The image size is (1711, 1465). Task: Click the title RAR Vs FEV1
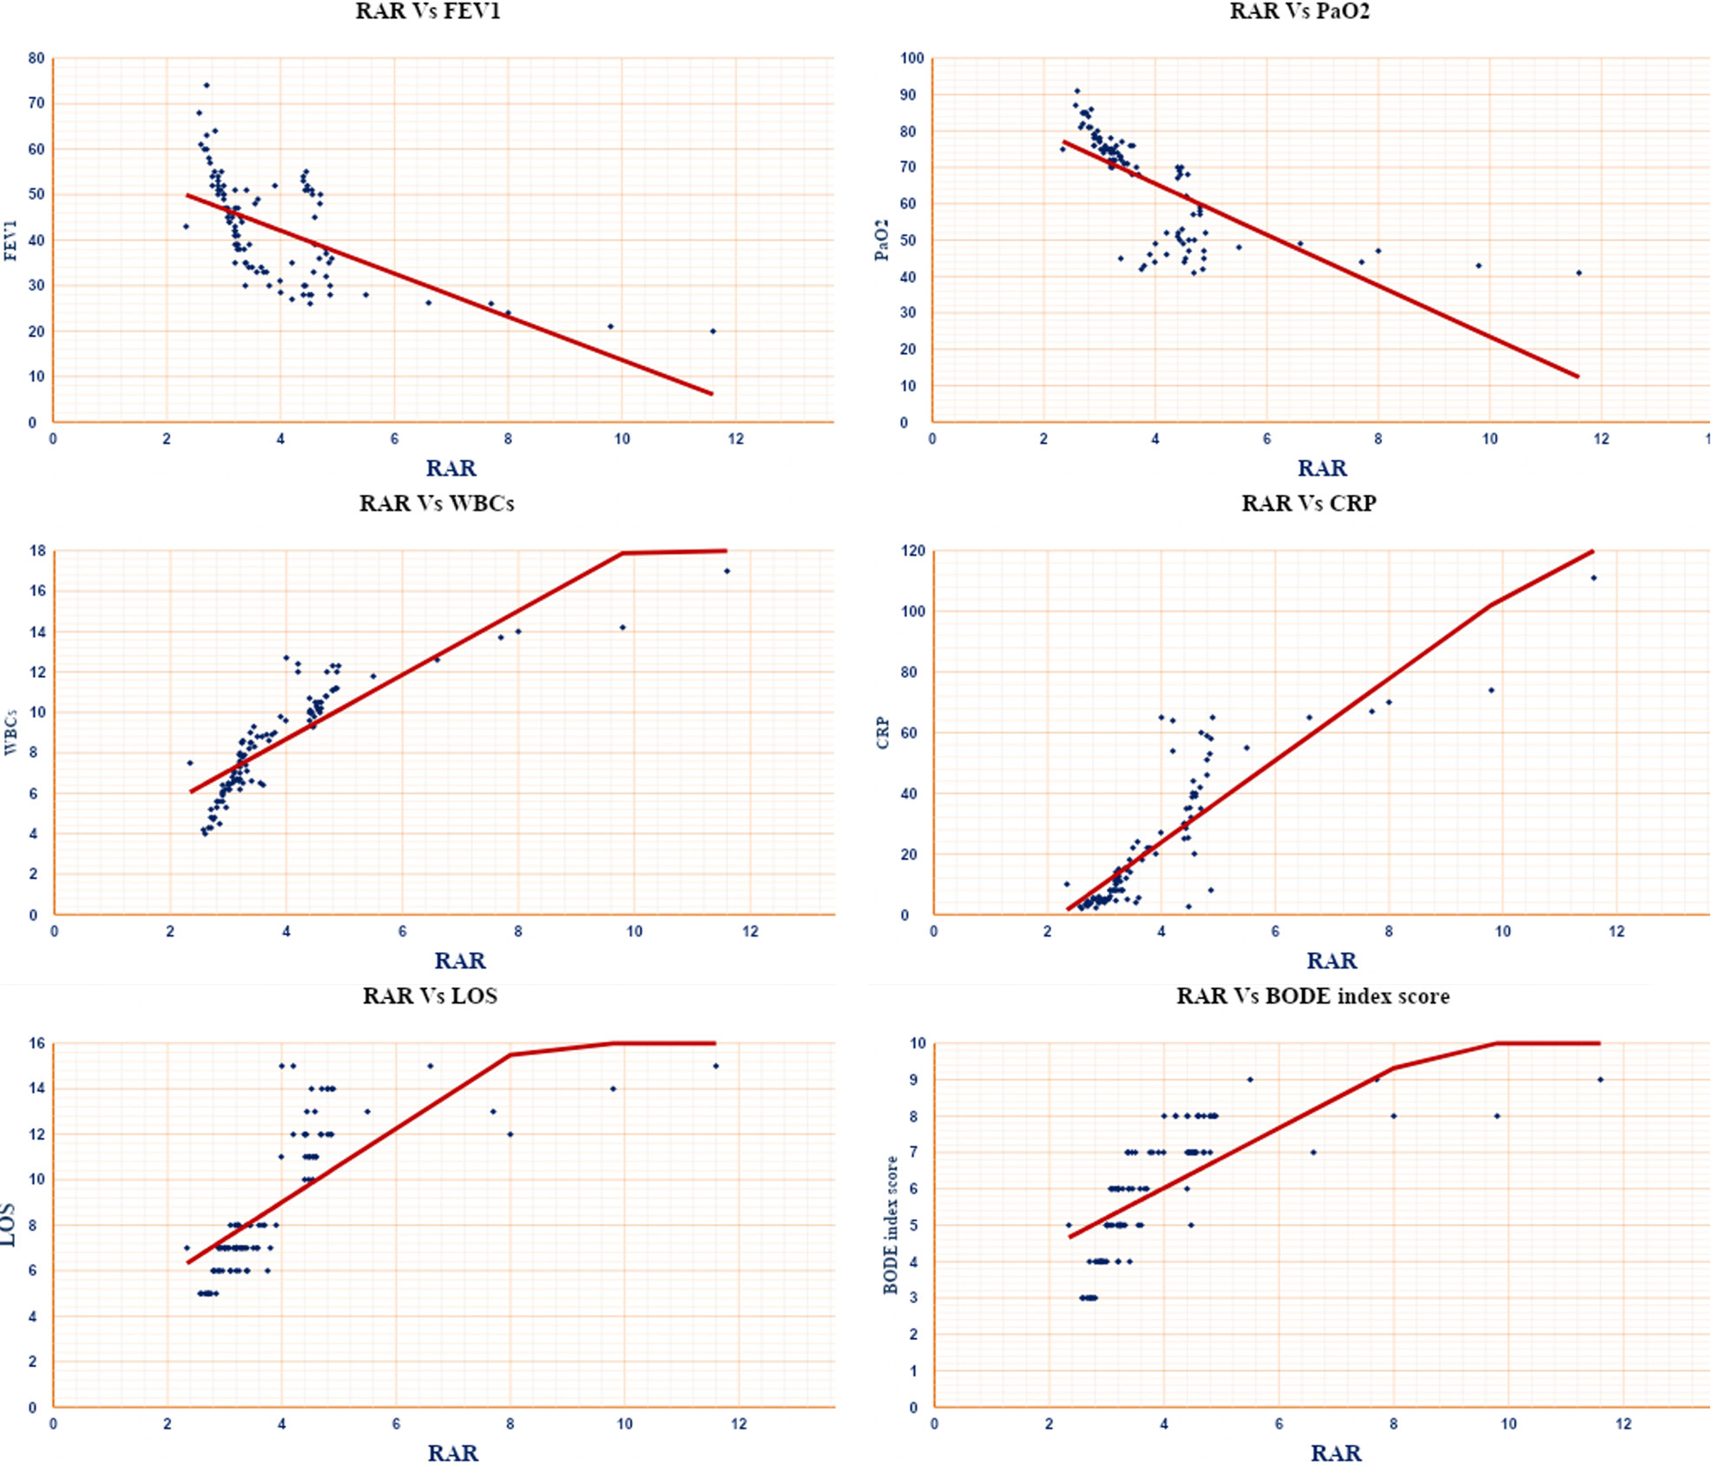pos(428,11)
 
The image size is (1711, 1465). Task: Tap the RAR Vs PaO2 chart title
pos(1300,11)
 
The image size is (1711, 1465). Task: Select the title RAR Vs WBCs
pos(437,503)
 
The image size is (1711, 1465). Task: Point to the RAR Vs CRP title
pos(1309,503)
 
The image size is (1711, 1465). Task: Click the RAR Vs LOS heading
pos(430,995)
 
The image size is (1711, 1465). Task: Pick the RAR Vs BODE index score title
pos(1313,995)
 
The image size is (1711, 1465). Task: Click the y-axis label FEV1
pos(11,240)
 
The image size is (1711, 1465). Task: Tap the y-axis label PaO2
pos(882,240)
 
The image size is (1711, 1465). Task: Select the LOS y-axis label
pos(9,1225)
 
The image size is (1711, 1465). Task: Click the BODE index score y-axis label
pos(891,1225)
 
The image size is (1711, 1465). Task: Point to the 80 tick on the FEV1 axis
pos(36,59)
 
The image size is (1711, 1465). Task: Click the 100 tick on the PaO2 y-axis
pos(912,59)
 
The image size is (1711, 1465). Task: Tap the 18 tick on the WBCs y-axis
pos(37,551)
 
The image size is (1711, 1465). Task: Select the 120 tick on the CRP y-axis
pos(912,551)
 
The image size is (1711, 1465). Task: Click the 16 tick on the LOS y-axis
pos(37,1044)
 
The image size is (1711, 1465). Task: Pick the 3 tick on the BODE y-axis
pos(913,1298)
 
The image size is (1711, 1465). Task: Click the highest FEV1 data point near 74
pos(207,85)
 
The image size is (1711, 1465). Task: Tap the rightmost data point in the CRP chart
pos(1594,578)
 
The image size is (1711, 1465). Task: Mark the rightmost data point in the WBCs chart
pos(727,571)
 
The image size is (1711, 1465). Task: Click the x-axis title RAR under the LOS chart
pos(452,1453)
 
